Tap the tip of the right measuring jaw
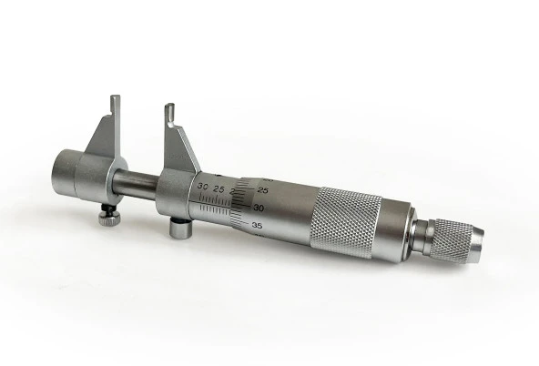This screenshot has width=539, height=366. pos(169,110)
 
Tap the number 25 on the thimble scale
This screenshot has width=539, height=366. pos(263,190)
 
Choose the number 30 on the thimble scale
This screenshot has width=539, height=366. pos(259,208)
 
